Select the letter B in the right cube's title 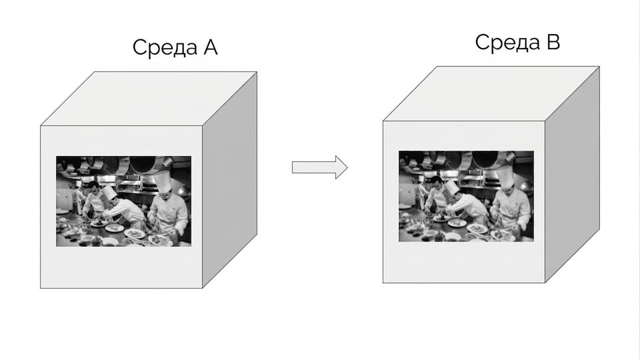click(x=553, y=41)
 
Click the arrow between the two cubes click(x=319, y=167)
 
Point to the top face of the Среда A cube click(x=149, y=99)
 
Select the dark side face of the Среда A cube click(x=230, y=179)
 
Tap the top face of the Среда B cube click(x=491, y=93)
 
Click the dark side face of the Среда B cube click(x=572, y=174)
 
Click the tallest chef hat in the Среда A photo click(x=162, y=181)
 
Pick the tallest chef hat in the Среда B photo click(x=505, y=176)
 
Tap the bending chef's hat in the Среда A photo click(x=109, y=192)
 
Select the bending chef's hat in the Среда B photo click(x=451, y=187)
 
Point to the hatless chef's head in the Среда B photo click(x=437, y=182)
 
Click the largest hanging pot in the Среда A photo click(x=143, y=164)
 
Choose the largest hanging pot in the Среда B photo click(x=485, y=159)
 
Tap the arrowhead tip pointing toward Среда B click(x=347, y=167)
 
